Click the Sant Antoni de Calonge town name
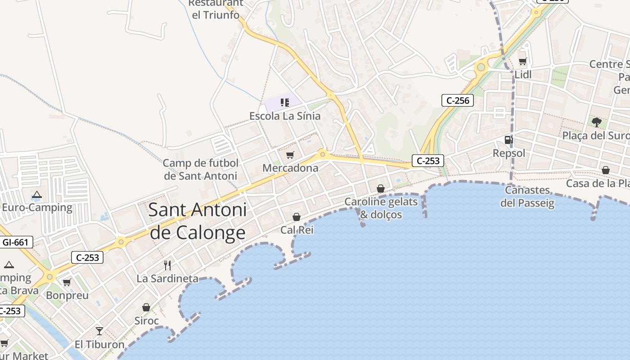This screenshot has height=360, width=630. [x=198, y=221]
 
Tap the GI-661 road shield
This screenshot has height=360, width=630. [x=15, y=243]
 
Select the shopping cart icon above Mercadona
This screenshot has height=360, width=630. [x=290, y=155]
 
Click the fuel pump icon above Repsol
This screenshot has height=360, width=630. [x=508, y=140]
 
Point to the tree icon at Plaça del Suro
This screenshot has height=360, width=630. [x=597, y=122]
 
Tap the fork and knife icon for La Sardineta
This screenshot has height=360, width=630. [x=167, y=265]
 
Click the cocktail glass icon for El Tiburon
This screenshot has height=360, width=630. [x=99, y=331]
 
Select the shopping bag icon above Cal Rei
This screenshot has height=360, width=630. [x=297, y=217]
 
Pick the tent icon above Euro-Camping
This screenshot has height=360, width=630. [x=37, y=195]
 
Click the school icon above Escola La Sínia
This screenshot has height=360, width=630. [x=284, y=103]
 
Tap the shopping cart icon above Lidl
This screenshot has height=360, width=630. [x=522, y=61]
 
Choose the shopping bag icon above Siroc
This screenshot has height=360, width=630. [x=146, y=308]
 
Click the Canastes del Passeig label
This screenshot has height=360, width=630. [x=527, y=197]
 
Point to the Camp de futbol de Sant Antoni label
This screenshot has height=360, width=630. [x=201, y=169]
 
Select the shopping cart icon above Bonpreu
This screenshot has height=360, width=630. [x=67, y=283]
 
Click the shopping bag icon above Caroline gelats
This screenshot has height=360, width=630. [x=381, y=189]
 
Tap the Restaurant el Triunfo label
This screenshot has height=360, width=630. [x=216, y=9]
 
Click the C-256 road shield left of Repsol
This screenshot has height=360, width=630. [x=458, y=100]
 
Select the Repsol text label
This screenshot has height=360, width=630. [x=509, y=153]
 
